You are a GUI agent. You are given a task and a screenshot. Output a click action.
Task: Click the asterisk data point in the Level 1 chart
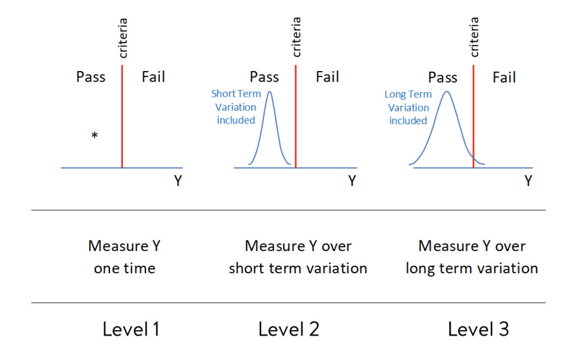click(x=94, y=135)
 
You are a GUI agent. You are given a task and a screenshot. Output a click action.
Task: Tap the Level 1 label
click(x=131, y=329)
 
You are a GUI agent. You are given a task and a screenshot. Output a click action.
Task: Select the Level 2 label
click(x=289, y=329)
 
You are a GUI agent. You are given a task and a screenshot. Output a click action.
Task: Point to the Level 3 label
click(x=478, y=329)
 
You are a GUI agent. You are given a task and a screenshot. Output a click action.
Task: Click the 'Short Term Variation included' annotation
click(x=236, y=107)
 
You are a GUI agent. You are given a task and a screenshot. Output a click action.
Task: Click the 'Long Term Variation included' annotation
click(x=408, y=107)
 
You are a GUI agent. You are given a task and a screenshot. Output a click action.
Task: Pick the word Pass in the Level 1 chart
click(x=91, y=77)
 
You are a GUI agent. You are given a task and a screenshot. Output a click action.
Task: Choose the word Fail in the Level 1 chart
click(x=153, y=77)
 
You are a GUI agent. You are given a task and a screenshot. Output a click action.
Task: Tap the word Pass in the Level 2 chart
click(x=264, y=77)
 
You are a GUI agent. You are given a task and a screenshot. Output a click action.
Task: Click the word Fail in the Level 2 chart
click(x=327, y=77)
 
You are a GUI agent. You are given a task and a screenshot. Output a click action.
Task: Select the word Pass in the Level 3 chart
click(x=443, y=77)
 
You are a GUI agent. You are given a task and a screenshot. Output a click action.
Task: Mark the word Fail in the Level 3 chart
click(x=504, y=77)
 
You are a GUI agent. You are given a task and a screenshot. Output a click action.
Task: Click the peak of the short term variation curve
click(x=270, y=92)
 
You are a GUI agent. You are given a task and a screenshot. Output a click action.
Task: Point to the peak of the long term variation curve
click(x=446, y=92)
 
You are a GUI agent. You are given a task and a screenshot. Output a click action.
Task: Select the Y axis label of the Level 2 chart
click(x=352, y=181)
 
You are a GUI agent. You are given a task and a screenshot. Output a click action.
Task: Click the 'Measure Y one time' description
click(x=124, y=257)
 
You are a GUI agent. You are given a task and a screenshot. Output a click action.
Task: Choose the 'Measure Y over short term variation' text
click(x=298, y=257)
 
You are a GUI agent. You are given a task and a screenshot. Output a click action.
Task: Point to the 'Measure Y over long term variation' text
click(x=472, y=257)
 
